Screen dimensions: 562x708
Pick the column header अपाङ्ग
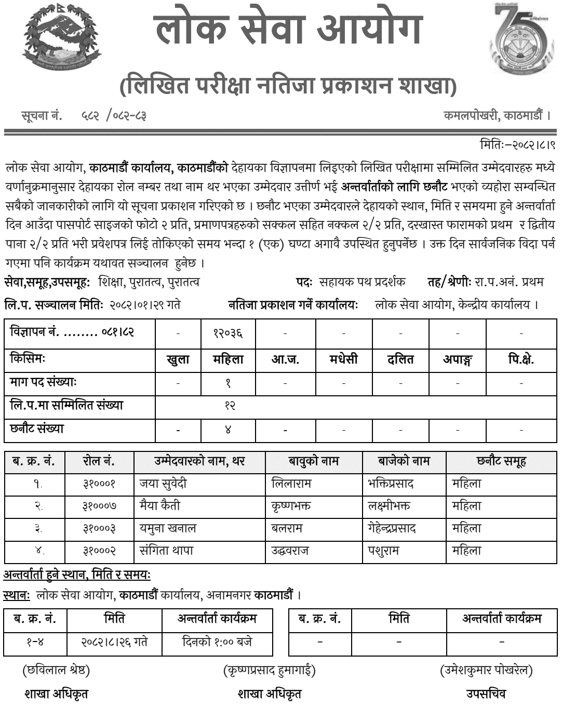[x=458, y=359]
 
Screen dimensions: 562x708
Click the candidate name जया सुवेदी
[x=163, y=484]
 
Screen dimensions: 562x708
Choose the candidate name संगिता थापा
[x=165, y=551]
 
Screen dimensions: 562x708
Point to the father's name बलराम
[x=287, y=528]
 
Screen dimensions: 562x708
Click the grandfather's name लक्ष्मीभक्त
[x=389, y=506]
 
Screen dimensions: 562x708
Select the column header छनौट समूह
[x=501, y=461]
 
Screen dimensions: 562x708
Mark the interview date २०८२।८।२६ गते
[x=114, y=642]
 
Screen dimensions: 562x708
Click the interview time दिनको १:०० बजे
[x=218, y=642]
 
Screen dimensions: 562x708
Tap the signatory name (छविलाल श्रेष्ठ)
[x=56, y=671]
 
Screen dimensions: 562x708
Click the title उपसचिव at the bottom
[x=486, y=693]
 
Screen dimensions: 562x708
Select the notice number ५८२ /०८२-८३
[x=113, y=115]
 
